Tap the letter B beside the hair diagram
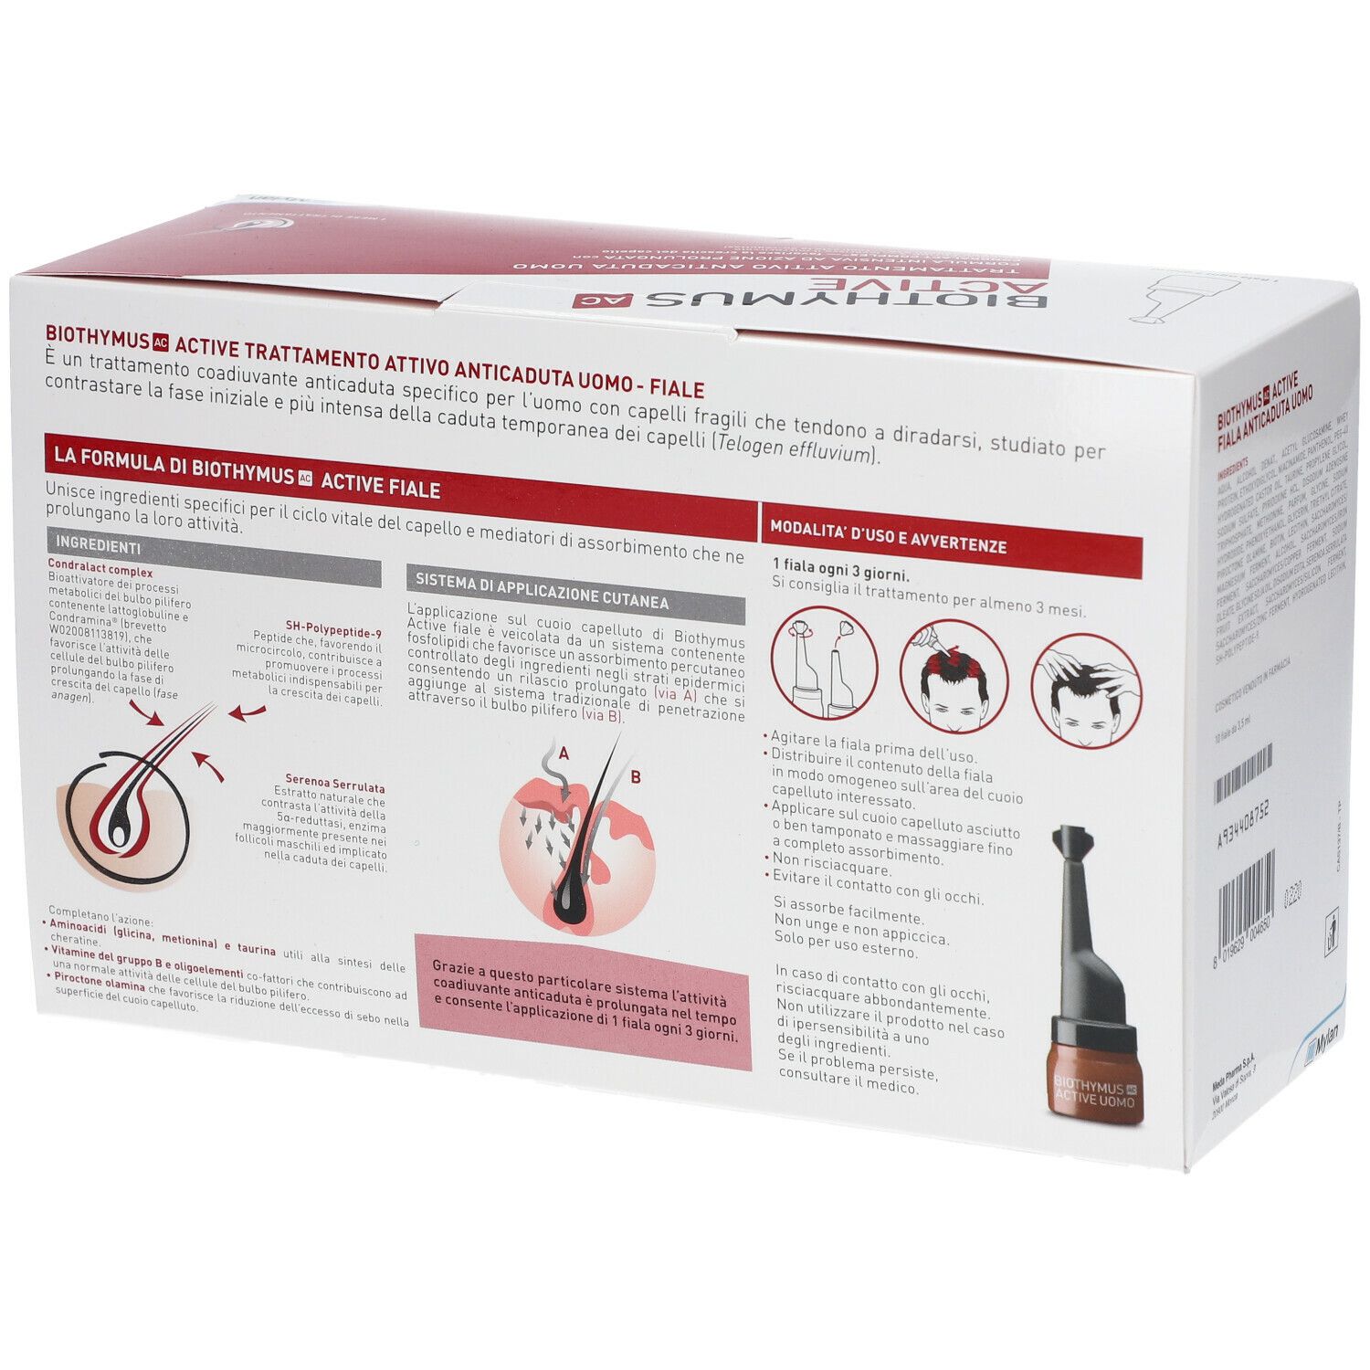[x=636, y=778]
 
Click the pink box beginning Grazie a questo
[x=583, y=1002]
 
